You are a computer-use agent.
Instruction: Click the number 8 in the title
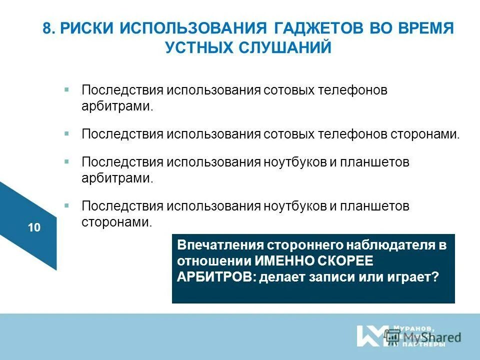coord(47,28)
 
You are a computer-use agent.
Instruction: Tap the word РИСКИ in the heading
coord(85,28)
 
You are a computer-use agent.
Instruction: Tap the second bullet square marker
coord(66,133)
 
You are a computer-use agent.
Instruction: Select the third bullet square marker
coord(66,161)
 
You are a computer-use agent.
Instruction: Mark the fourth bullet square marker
coord(66,204)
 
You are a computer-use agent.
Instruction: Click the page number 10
coord(34,228)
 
